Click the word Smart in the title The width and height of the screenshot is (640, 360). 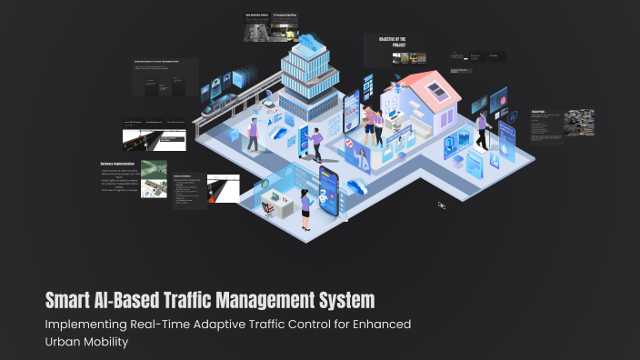(x=71, y=299)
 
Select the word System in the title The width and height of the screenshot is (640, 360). (x=343, y=299)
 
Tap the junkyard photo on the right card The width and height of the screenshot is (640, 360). (x=579, y=122)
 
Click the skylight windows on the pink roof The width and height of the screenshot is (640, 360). (x=437, y=89)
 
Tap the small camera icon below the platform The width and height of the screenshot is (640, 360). (x=441, y=205)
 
